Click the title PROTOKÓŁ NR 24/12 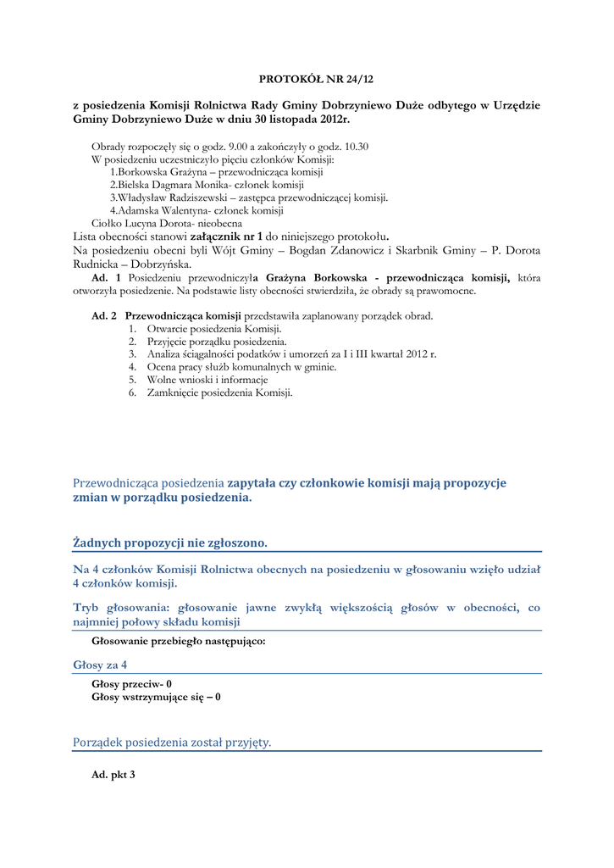tap(316, 79)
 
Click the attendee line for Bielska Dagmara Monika tap(207, 184)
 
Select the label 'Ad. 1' tap(106, 278)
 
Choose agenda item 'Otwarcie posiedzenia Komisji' tap(214, 328)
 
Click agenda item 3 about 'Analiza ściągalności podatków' tap(291, 354)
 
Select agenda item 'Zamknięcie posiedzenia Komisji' tap(219, 393)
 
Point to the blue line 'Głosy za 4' tap(100, 665)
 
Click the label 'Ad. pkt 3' tap(113, 775)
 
